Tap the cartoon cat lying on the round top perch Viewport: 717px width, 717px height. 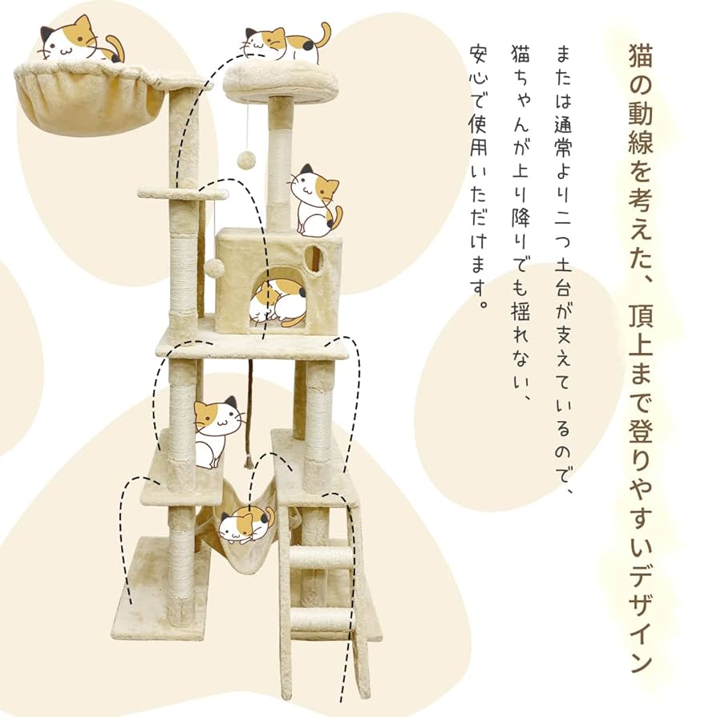pos(285,43)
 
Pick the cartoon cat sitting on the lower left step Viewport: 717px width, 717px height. pos(217,430)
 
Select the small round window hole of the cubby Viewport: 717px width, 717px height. pos(314,258)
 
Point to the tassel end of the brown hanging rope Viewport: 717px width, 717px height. pos(249,461)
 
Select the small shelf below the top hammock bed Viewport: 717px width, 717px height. pos(180,192)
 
